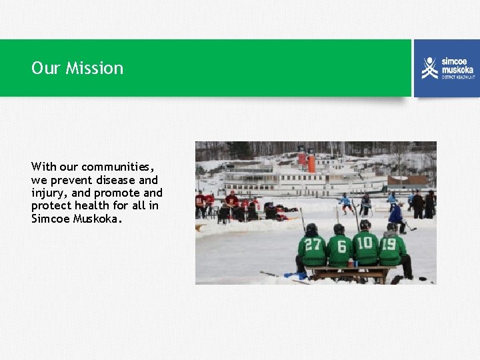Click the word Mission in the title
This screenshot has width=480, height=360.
point(94,68)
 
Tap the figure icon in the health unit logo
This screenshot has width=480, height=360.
point(430,67)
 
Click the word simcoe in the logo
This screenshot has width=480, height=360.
point(456,61)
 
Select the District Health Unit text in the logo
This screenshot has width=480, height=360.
point(457,77)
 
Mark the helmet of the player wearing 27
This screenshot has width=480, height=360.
point(311,229)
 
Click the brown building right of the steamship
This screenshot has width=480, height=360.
point(408,181)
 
